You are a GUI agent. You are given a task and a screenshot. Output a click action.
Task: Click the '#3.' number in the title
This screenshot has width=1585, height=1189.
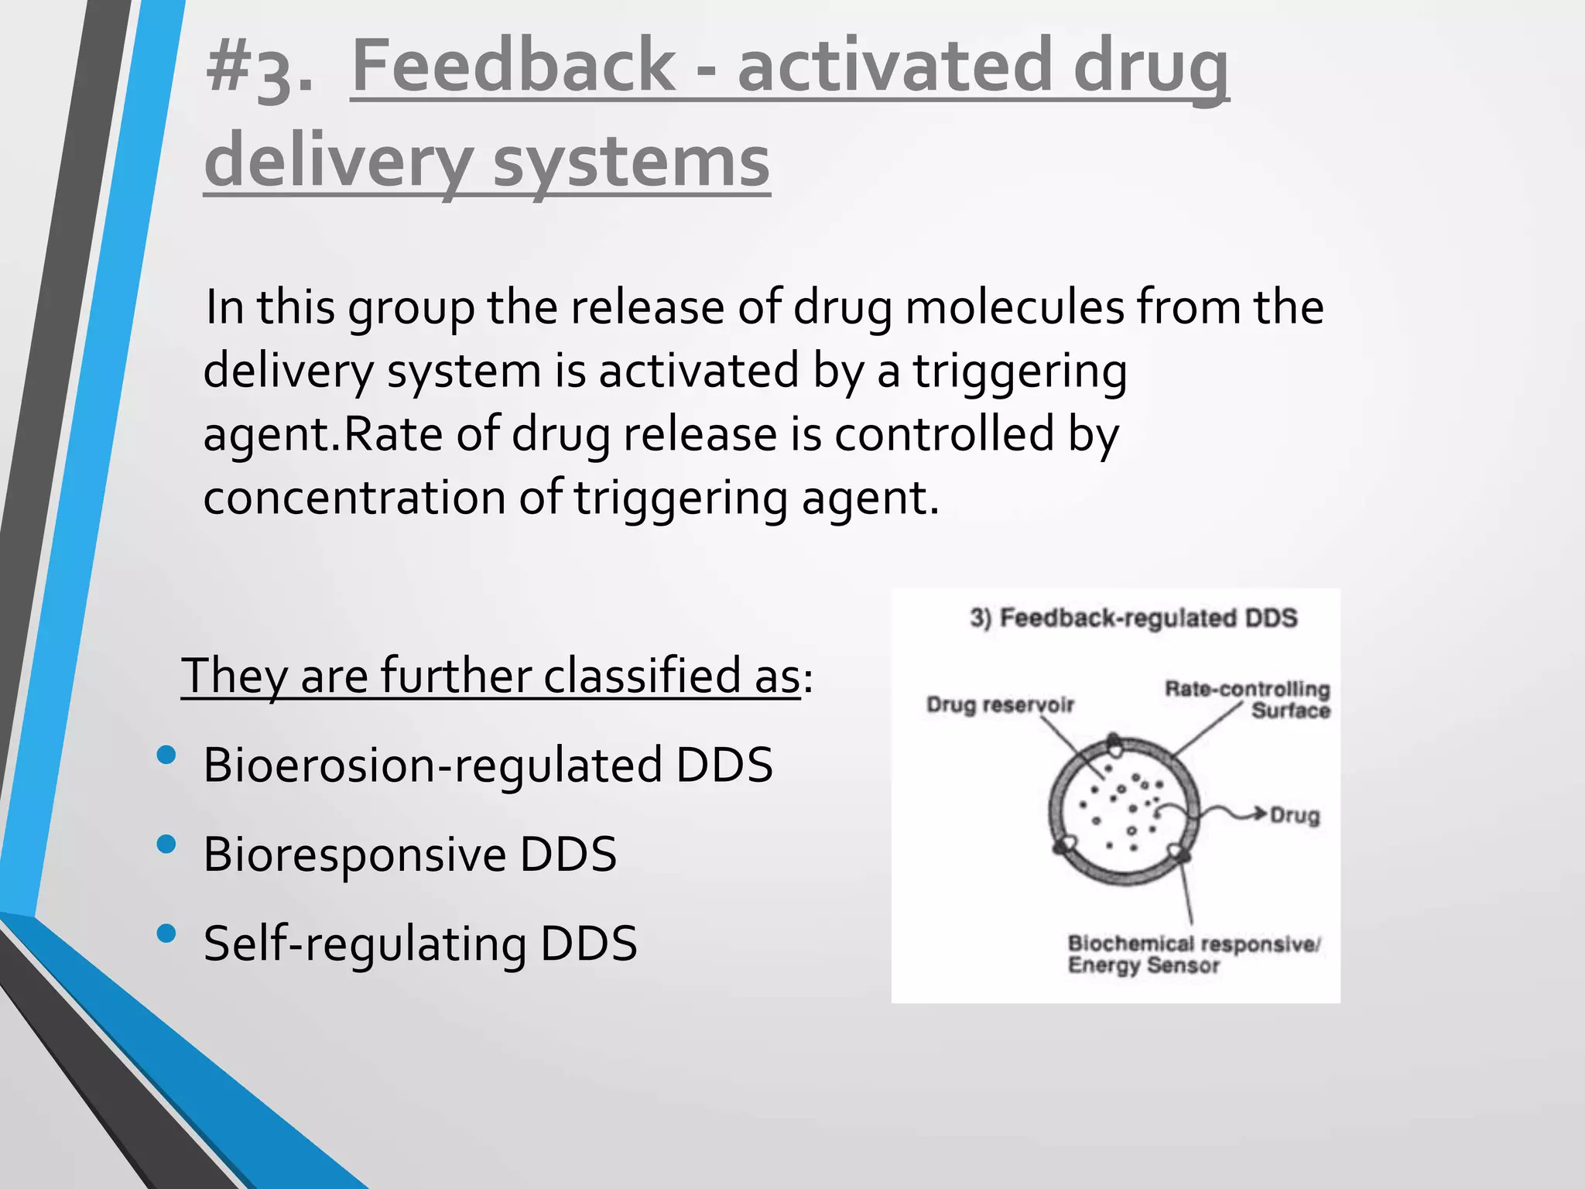pyautogui.click(x=259, y=70)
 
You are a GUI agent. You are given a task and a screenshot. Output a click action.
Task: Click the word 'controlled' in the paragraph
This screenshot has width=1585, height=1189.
pyautogui.click(x=944, y=434)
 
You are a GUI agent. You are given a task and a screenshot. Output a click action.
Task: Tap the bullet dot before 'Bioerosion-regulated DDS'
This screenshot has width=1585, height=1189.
pyautogui.click(x=166, y=755)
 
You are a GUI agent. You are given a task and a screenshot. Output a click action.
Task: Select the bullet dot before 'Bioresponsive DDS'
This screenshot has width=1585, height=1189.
pyautogui.click(x=166, y=844)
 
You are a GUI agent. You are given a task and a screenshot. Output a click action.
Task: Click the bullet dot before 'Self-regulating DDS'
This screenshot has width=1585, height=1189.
pyautogui.click(x=166, y=934)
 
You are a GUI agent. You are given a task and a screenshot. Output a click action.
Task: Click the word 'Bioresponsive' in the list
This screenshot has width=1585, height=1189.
pyautogui.click(x=354, y=855)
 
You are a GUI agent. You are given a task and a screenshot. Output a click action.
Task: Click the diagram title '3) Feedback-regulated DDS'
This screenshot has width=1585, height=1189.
pyautogui.click(x=1133, y=618)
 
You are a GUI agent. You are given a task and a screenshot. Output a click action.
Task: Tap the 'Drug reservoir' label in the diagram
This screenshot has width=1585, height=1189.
pyautogui.click(x=1000, y=704)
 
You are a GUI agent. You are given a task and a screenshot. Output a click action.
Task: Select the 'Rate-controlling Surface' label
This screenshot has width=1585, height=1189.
pyautogui.click(x=1248, y=699)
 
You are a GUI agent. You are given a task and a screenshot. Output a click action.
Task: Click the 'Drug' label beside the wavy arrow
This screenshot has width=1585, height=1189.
pyautogui.click(x=1295, y=815)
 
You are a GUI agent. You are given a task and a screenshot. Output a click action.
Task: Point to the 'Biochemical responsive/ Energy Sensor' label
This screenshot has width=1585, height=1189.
pyautogui.click(x=1193, y=954)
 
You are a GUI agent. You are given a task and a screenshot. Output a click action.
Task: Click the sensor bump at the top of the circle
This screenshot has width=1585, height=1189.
pyautogui.click(x=1114, y=745)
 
